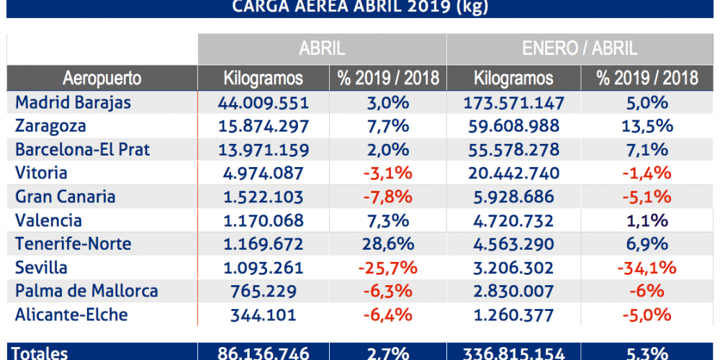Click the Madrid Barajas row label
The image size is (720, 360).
(x=73, y=102)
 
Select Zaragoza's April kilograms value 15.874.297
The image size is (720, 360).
(x=263, y=126)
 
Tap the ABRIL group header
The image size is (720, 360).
(x=322, y=49)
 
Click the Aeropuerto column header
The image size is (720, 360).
(x=102, y=78)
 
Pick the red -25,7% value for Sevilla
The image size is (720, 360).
(x=387, y=268)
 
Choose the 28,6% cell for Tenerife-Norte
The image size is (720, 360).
(x=387, y=244)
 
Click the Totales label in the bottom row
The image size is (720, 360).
(x=42, y=353)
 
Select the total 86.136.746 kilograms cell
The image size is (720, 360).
(x=263, y=353)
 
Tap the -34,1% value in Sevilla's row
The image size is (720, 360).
(x=646, y=268)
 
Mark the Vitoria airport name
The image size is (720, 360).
(x=41, y=174)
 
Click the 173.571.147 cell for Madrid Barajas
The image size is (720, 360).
(x=513, y=102)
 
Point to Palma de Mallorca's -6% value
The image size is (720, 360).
(x=646, y=292)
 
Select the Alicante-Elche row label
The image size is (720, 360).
(x=71, y=315)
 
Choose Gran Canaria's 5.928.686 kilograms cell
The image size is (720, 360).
(x=513, y=197)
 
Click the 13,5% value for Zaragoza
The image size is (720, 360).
(x=646, y=126)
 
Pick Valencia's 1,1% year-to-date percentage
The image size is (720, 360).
(x=646, y=220)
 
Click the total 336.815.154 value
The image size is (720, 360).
(x=513, y=353)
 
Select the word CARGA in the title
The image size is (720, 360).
(x=261, y=7)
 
